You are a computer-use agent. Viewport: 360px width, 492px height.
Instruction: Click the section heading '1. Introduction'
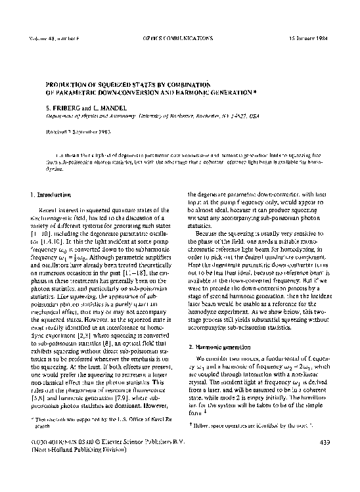pos(52,196)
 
